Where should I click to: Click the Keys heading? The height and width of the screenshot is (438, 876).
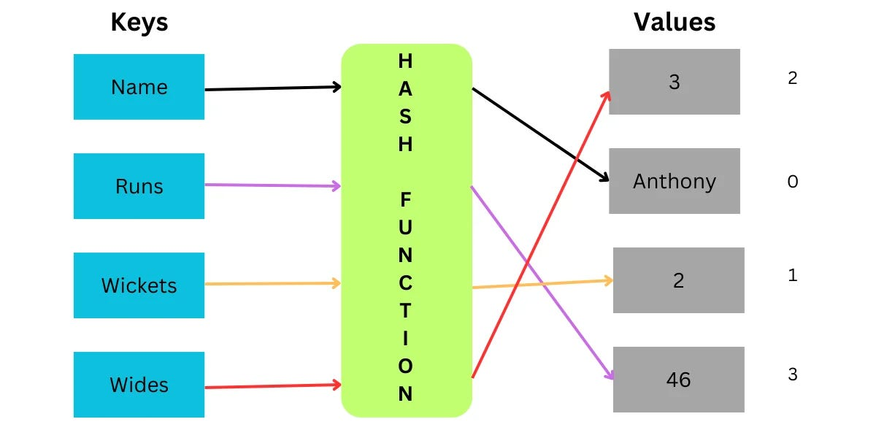[139, 23]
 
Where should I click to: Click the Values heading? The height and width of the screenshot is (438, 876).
[674, 22]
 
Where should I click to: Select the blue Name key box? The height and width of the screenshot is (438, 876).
[139, 87]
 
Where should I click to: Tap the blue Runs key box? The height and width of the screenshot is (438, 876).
[139, 186]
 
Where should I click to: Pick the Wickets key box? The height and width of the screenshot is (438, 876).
[139, 285]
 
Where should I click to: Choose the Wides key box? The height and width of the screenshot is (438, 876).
[139, 385]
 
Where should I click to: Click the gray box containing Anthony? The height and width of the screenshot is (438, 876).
[674, 181]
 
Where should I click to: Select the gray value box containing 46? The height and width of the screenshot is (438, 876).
[678, 380]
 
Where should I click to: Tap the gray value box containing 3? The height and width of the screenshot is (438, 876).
[674, 82]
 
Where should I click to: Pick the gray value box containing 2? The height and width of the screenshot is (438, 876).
[678, 280]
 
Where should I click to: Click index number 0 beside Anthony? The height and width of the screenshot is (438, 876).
[793, 182]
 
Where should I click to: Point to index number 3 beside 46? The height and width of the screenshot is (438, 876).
[793, 375]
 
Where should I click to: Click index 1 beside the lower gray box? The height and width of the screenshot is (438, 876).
[793, 276]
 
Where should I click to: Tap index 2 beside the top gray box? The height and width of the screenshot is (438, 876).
[793, 78]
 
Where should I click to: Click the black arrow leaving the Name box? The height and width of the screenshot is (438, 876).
[270, 88]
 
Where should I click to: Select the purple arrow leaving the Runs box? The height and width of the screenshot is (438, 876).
[270, 185]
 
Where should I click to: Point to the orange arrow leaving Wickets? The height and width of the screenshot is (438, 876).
[270, 283]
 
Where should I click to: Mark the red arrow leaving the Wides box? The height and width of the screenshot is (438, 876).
[270, 386]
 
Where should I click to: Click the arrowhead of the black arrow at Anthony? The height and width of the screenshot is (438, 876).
[604, 178]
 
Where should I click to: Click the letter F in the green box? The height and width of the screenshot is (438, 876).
[406, 199]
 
